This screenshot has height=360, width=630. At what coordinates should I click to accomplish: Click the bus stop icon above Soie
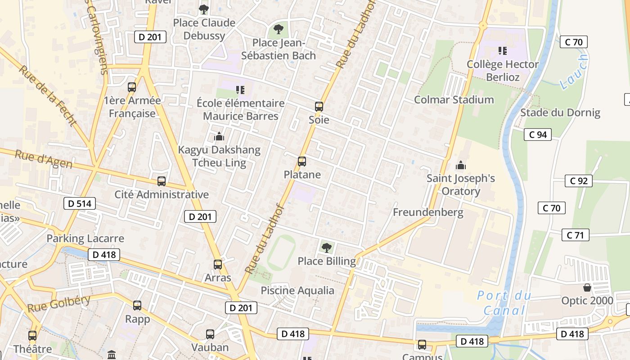pos(319,107)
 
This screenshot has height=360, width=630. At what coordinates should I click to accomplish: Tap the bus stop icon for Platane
pos(302,162)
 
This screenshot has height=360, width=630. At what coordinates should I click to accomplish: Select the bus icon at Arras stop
pos(218,265)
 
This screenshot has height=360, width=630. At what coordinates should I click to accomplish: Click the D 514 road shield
pos(80,203)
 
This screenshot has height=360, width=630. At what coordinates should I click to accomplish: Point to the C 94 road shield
pos(538,134)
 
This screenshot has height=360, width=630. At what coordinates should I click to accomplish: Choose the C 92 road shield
pos(578,181)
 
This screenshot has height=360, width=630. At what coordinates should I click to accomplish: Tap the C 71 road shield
pos(575,235)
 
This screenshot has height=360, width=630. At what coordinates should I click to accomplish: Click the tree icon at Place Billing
pos(327,247)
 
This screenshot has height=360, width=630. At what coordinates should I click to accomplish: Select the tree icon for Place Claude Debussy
pos(204,9)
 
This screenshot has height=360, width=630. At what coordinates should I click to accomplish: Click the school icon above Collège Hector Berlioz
pos(502,51)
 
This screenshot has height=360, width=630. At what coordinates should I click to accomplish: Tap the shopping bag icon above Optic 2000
pos(587,287)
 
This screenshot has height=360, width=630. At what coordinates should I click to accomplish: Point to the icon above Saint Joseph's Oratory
pos(460,165)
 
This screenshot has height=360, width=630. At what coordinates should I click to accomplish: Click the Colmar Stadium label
pos(454,99)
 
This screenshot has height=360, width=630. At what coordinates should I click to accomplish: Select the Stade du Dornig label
pos(560,112)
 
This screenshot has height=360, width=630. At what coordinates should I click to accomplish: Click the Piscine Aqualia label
pos(297,291)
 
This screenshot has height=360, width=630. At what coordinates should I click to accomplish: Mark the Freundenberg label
pos(428,212)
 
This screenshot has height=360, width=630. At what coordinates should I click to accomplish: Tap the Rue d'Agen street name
pos(44,160)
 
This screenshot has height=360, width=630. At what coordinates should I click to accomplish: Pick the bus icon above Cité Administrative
pos(161,181)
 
